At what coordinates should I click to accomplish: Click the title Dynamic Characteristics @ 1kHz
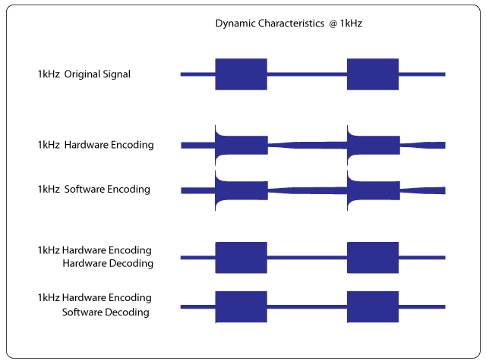point(289,24)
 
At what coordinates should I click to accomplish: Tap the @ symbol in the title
point(333,24)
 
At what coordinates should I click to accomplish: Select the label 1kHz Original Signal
point(84,74)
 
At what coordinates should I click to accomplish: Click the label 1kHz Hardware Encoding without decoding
point(96,145)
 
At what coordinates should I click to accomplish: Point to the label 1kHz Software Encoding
point(94,189)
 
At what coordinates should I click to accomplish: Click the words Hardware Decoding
point(108,263)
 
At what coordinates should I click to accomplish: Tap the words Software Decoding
point(106,312)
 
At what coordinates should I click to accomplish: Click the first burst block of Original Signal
point(241,74)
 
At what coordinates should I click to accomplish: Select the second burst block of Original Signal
point(373,74)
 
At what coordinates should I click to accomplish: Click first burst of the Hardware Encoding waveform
point(241,145)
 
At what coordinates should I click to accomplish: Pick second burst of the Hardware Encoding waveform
point(374,145)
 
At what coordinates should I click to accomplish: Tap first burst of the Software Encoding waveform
point(241,190)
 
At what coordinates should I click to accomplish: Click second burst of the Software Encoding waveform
point(374,190)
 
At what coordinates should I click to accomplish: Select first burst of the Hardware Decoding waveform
point(241,258)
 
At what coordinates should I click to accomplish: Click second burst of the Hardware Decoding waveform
point(373,258)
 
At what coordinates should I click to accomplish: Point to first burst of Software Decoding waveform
point(241,306)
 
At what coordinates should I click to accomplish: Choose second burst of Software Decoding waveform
point(373,306)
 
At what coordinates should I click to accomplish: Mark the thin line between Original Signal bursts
point(307,74)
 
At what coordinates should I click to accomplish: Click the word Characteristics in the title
point(291,24)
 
